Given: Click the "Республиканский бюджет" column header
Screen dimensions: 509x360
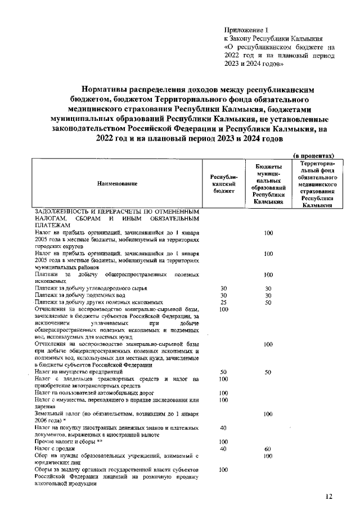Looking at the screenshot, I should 224,184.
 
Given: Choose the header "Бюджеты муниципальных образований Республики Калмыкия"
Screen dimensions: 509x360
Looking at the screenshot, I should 268,184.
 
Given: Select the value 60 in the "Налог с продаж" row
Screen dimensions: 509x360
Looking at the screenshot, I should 268,449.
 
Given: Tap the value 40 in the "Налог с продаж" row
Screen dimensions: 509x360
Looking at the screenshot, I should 223,449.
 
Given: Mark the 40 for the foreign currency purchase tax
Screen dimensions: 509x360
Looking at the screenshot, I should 223,428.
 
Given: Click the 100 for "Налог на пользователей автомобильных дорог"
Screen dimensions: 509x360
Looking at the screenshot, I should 223,393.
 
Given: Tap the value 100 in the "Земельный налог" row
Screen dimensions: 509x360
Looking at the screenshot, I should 268,414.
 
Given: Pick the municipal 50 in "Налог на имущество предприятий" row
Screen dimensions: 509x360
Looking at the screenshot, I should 268,372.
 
